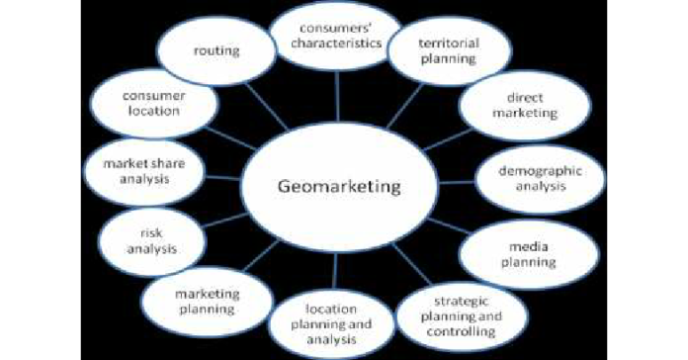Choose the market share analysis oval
[143, 171]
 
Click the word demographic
[525, 170]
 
